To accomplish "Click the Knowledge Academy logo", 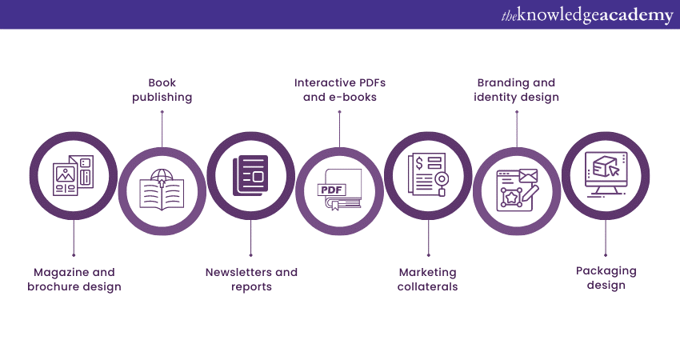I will click(x=587, y=14).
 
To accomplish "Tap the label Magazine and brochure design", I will click(x=74, y=279).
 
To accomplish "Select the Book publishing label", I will click(x=162, y=90).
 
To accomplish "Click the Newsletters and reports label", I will click(x=251, y=279).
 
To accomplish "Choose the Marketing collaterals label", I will click(x=428, y=279).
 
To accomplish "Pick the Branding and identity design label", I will click(x=516, y=90).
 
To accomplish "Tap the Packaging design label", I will click(x=606, y=278).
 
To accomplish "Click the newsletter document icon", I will click(x=251, y=176).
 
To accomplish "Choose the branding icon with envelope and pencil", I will click(x=517, y=190).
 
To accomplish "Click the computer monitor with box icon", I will click(x=606, y=174).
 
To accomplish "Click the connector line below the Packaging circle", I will click(x=606, y=237).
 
